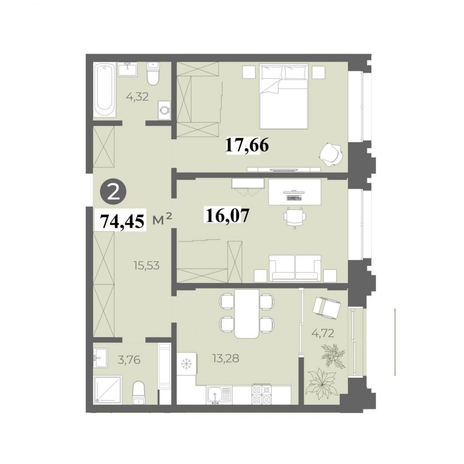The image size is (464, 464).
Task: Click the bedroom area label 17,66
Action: pyautogui.click(x=247, y=145)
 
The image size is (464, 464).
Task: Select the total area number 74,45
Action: pyautogui.click(x=121, y=221)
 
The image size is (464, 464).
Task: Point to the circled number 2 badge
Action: pyautogui.click(x=114, y=193)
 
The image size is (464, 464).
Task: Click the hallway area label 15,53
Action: pyautogui.click(x=147, y=266)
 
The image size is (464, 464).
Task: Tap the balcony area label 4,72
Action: pyautogui.click(x=322, y=333)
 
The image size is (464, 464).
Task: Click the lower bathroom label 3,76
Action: pyautogui.click(x=129, y=360)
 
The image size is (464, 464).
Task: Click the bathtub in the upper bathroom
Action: pyautogui.click(x=105, y=90)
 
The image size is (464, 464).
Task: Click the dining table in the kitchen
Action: pyautogui.click(x=247, y=314)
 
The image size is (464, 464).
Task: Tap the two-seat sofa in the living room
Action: pyautogui.click(x=295, y=268)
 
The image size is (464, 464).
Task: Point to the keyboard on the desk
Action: pyautogui.click(x=293, y=198)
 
